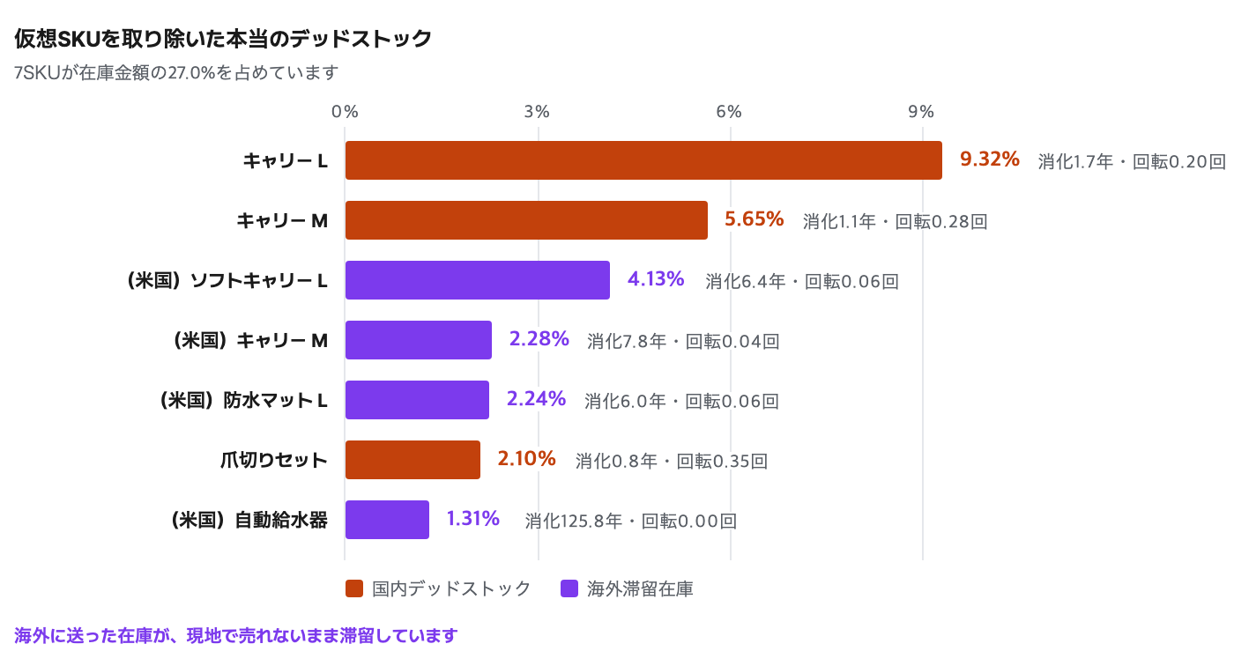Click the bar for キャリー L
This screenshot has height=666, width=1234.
643,160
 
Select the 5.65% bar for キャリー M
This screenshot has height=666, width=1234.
526,220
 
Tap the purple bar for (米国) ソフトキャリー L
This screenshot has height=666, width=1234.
478,280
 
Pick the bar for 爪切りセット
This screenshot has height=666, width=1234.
413,460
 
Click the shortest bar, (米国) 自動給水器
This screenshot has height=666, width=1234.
387,520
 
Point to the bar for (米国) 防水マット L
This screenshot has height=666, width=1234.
417,400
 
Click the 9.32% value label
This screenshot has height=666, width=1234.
989,159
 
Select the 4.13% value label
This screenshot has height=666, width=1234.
656,279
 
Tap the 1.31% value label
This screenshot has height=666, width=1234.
472,519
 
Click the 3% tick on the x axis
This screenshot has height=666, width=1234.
537,112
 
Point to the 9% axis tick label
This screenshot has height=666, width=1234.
921,112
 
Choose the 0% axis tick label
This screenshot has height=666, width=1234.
345,112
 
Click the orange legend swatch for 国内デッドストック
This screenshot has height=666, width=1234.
354,588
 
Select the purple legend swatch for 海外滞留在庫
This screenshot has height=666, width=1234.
569,588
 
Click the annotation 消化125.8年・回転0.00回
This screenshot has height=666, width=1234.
631,521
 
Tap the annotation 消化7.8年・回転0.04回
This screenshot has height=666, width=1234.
683,341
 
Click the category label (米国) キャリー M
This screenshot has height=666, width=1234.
250,341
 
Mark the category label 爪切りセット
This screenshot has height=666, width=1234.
274,460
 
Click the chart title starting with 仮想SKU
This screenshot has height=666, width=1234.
222,39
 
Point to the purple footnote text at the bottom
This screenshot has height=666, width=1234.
236,636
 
